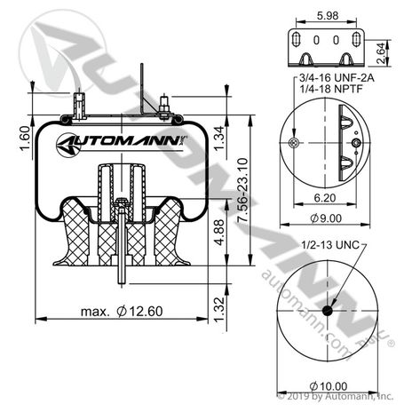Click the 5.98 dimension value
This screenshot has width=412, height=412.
point(328,15)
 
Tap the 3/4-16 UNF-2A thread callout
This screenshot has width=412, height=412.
point(337,78)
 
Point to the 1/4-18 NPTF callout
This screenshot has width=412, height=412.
point(331,89)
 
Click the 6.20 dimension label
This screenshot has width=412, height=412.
point(325,198)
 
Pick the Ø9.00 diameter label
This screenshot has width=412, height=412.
point(326,218)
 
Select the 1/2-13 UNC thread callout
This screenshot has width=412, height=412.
point(330,245)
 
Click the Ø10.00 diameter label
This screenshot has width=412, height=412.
point(329,386)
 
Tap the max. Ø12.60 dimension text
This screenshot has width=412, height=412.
point(122,312)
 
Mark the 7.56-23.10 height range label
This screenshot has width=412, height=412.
point(242,190)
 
